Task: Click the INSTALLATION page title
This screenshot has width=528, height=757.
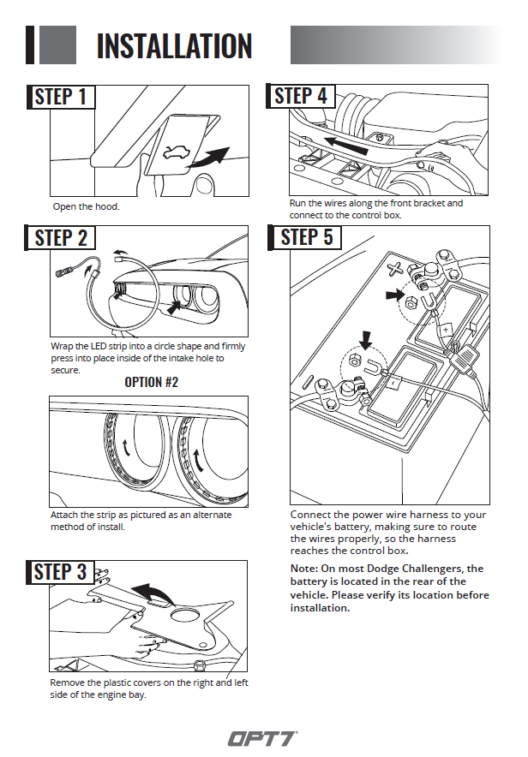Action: pyautogui.click(x=174, y=45)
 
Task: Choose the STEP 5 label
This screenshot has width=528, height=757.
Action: pyautogui.click(x=305, y=237)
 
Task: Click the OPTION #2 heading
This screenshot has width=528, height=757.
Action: pyautogui.click(x=151, y=382)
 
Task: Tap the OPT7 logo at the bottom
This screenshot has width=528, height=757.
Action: pyautogui.click(x=262, y=738)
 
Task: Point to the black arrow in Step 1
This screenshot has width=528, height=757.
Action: pyautogui.click(x=213, y=158)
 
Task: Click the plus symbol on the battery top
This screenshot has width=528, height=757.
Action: pyautogui.click(x=395, y=268)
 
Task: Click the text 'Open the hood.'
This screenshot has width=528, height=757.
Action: pyautogui.click(x=86, y=206)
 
